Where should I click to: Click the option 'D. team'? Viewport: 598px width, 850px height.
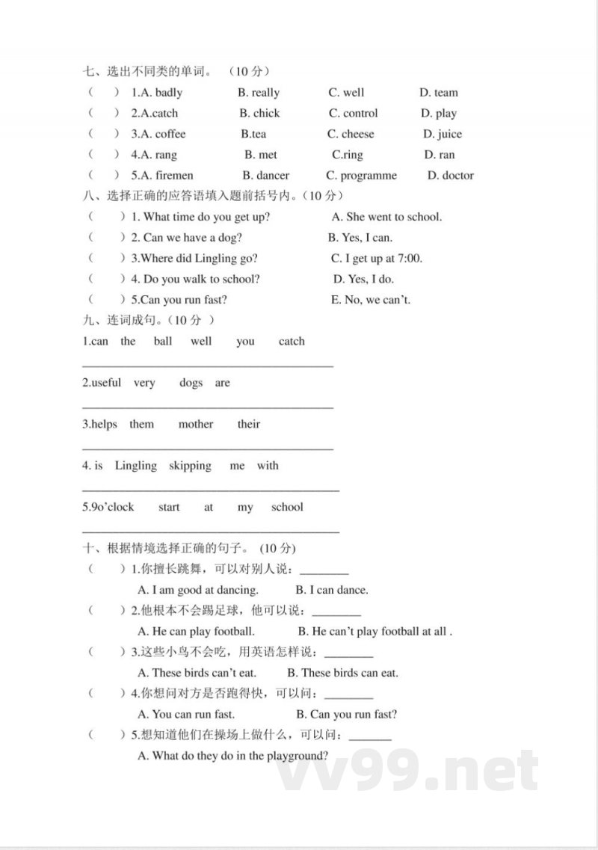(x=439, y=93)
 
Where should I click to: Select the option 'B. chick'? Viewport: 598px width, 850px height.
(x=259, y=114)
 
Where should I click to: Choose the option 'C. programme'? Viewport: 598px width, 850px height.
(x=362, y=176)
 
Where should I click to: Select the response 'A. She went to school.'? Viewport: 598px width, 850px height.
(x=386, y=217)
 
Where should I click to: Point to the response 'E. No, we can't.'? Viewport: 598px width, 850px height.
(x=371, y=300)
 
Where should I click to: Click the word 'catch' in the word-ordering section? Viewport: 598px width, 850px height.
(x=292, y=342)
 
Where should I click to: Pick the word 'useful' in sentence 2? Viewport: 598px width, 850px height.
(x=105, y=383)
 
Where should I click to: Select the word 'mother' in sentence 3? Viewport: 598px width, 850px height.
(x=196, y=424)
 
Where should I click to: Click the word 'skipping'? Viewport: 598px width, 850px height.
(x=190, y=466)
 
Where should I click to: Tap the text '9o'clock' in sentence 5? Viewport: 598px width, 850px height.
(x=111, y=507)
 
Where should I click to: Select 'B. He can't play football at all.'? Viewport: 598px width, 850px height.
(x=375, y=631)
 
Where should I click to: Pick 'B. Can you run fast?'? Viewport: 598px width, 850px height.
(x=347, y=714)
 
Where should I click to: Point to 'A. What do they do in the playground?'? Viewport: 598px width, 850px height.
(x=233, y=756)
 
